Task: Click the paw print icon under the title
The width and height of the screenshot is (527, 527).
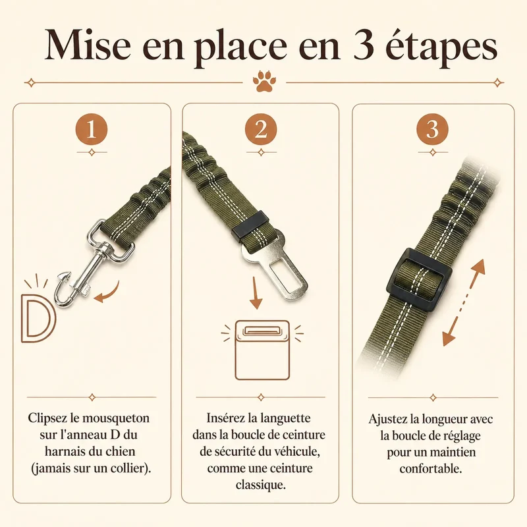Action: (x=264, y=81)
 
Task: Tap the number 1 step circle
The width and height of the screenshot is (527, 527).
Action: (x=92, y=129)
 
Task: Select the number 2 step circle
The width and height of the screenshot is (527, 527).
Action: (x=261, y=129)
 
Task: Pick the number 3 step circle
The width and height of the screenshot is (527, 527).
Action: (x=433, y=130)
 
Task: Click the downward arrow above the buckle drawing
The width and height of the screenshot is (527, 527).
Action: (x=256, y=292)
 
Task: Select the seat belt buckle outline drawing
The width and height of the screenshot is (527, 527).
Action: (x=262, y=350)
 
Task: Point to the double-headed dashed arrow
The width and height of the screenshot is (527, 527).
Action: (x=464, y=302)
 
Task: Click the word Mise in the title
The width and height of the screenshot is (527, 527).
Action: (x=88, y=45)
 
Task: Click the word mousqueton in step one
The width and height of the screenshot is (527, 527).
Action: (x=116, y=418)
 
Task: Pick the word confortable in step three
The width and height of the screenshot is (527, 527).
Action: (x=431, y=468)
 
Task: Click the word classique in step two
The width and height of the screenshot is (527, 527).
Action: (x=260, y=485)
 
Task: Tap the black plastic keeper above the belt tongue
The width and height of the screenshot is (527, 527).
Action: (x=250, y=226)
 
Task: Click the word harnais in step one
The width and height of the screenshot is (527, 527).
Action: (x=65, y=451)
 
